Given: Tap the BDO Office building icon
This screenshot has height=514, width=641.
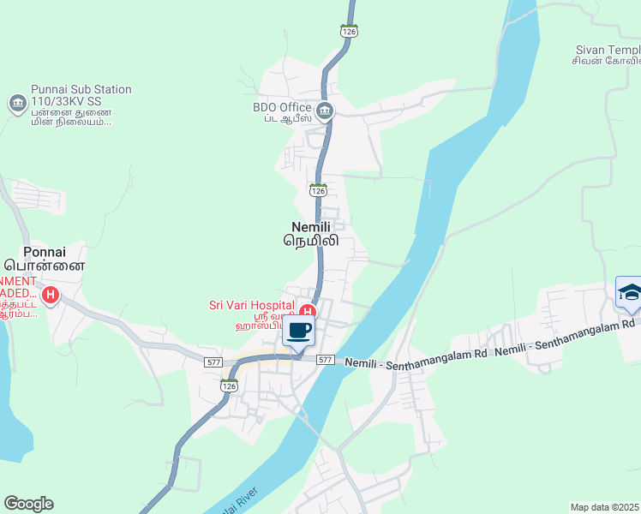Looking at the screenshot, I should click(x=325, y=110).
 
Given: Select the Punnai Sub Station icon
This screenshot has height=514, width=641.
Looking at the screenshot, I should click(x=17, y=105).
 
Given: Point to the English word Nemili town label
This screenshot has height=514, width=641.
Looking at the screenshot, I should click(x=310, y=226).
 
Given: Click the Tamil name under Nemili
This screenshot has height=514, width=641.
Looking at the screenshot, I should click(x=311, y=241).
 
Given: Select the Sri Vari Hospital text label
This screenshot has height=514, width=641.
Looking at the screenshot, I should click(x=251, y=304).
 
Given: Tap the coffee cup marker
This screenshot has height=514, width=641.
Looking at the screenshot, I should click(x=298, y=330).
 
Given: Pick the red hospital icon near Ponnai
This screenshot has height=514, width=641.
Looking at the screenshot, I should click(x=51, y=296).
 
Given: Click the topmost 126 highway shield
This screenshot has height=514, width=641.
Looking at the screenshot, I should click(x=348, y=31).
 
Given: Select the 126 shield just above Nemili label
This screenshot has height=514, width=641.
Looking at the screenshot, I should click(x=318, y=190).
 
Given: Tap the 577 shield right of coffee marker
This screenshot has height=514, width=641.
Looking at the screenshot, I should click(x=325, y=360).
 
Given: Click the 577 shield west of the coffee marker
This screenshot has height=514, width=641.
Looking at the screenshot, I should click(x=214, y=362).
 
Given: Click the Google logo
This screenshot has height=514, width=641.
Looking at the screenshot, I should click(x=28, y=504).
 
